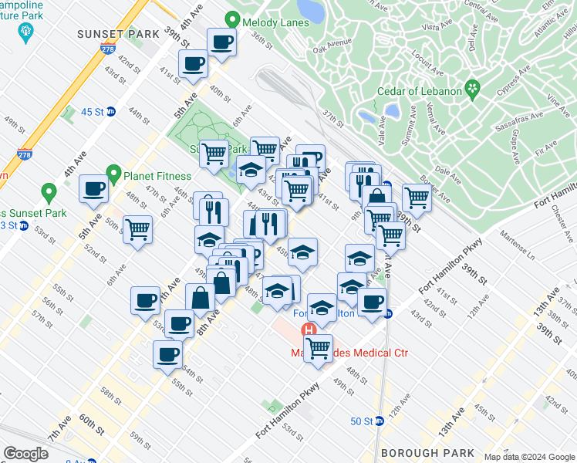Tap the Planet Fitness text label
click(x=157, y=174)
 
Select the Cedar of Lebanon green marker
click(x=473, y=90)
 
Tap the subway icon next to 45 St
click(x=110, y=111)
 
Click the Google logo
click(x=25, y=454)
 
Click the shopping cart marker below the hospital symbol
click(x=318, y=346)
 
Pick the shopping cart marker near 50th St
click(x=137, y=229)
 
